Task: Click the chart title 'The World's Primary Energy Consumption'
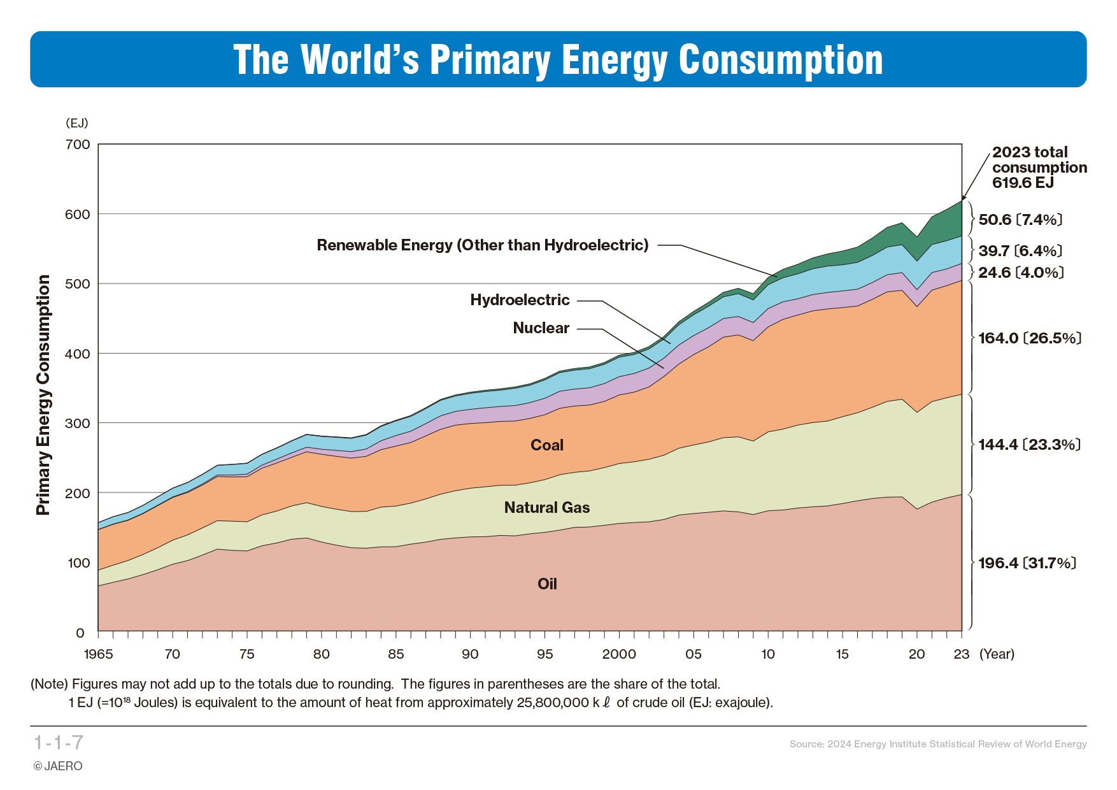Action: point(558,60)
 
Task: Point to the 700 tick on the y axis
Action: point(78,145)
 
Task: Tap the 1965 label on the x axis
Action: point(98,654)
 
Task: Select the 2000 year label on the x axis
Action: point(619,654)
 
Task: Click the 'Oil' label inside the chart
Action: point(547,584)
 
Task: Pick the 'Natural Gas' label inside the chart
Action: point(547,508)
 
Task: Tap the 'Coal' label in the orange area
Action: point(547,445)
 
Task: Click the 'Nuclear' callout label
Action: point(541,328)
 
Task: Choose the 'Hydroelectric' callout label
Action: point(520,300)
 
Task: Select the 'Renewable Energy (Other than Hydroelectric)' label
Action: point(483,245)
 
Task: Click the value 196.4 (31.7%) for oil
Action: point(1027,563)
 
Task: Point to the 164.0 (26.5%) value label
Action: point(1030,338)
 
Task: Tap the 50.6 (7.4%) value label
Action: point(1020,220)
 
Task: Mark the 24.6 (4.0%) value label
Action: point(1021,273)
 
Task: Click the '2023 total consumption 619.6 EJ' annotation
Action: point(1039,168)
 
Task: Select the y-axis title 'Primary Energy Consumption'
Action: point(43,395)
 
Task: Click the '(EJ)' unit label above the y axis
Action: point(77,123)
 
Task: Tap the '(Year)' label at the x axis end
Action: point(997,654)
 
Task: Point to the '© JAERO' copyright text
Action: point(58,766)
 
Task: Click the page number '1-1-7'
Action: point(59,743)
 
